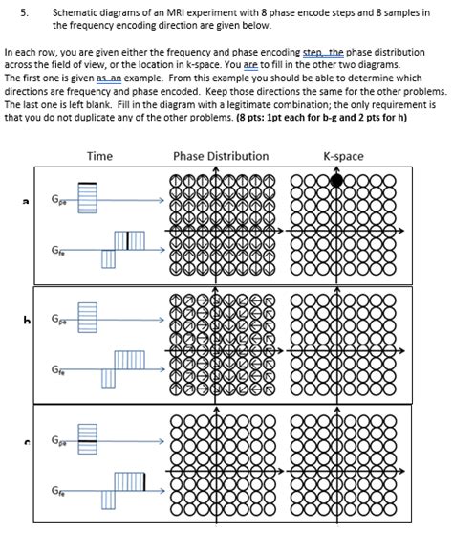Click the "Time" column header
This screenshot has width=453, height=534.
(99, 156)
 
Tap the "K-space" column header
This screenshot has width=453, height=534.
(343, 156)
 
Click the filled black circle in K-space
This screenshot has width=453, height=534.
(336, 180)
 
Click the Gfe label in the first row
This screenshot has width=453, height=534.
(59, 252)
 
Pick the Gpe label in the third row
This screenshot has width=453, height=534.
(59, 441)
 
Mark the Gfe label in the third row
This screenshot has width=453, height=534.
(59, 491)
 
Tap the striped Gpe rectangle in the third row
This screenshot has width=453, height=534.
(88, 442)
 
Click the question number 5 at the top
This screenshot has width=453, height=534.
(24, 11)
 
